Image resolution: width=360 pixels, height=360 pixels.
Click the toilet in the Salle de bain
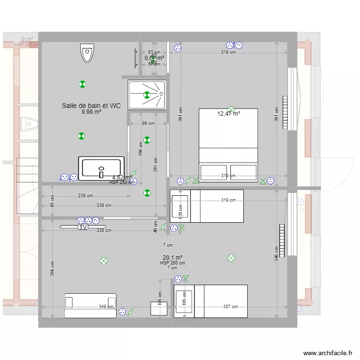87,53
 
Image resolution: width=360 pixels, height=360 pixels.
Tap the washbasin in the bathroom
101,168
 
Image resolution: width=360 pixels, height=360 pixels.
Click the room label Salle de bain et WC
91,106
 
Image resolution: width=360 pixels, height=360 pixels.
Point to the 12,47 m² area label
228,114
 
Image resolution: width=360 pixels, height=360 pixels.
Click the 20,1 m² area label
172,257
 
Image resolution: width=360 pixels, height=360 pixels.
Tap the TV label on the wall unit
83,228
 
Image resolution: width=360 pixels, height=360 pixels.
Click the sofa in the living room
90,306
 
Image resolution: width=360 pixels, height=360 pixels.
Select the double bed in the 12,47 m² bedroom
228,144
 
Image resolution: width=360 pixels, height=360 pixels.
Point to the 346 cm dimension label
276,253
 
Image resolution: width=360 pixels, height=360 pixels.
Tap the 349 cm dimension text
106,307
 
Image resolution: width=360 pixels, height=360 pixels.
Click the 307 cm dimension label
230,307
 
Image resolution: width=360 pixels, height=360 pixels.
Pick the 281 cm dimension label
155,165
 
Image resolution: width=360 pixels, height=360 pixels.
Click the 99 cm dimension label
148,123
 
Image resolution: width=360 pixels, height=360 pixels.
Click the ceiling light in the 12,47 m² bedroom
231,109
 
